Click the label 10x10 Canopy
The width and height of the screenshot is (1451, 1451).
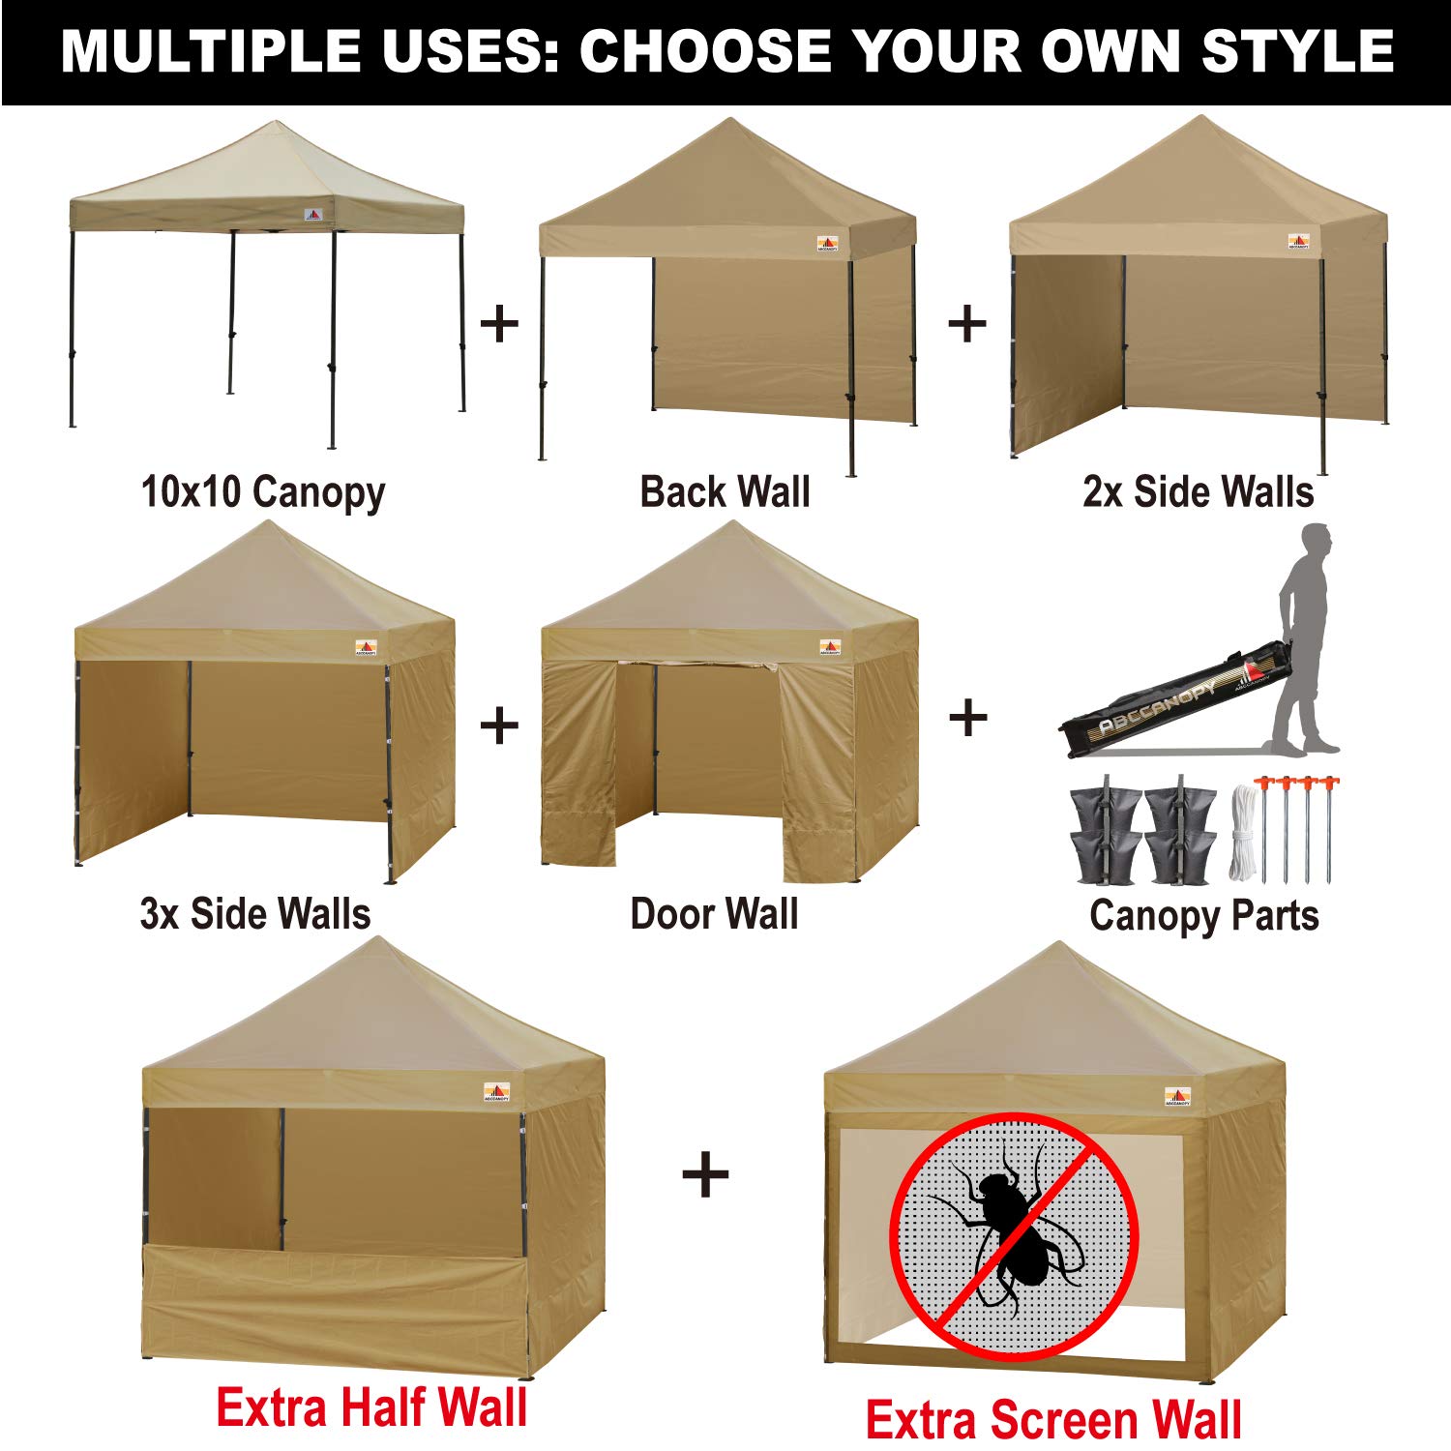click(x=263, y=492)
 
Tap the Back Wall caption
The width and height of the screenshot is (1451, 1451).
click(x=725, y=491)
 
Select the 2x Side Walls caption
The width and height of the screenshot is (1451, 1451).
click(x=1198, y=491)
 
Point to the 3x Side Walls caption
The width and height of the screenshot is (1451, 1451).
click(x=255, y=914)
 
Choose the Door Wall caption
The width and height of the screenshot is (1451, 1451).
click(x=714, y=914)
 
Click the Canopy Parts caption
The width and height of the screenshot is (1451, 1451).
click(x=1203, y=915)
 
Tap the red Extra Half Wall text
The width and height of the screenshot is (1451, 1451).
click(x=371, y=1407)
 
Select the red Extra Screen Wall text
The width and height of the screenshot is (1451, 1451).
click(x=1052, y=1419)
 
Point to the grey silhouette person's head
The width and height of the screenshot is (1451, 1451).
click(x=1316, y=540)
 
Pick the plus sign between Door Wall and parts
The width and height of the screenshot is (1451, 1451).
click(x=967, y=719)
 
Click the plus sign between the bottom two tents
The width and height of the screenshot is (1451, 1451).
click(x=705, y=1175)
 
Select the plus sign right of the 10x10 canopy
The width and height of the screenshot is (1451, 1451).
click(x=499, y=323)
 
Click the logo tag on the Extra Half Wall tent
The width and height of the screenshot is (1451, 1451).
click(x=497, y=1093)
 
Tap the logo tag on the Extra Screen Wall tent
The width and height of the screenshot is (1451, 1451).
click(x=1177, y=1097)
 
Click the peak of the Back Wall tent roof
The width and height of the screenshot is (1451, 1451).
click(x=730, y=121)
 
